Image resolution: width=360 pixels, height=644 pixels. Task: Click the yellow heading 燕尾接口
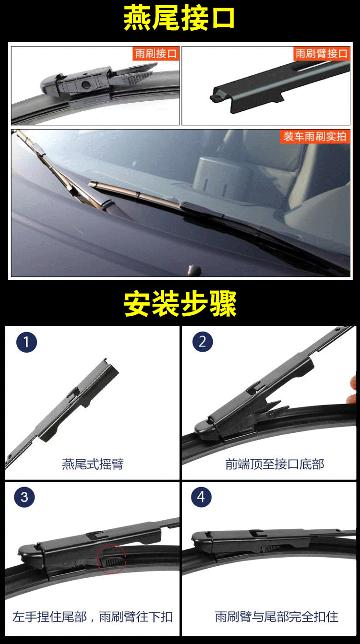coord(179,18)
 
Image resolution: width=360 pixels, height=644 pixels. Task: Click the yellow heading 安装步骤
coord(180,304)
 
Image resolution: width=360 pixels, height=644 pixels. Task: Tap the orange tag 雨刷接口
coord(156,53)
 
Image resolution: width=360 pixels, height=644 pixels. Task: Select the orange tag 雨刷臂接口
coord(322,53)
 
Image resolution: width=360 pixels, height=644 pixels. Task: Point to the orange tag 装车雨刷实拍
coord(315,136)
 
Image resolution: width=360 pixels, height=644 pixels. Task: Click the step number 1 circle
coord(26,342)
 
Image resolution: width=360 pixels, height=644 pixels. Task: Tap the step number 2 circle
coord(203,342)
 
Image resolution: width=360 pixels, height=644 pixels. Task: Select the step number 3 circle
coord(24,497)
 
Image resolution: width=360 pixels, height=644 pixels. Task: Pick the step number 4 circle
coord(201,497)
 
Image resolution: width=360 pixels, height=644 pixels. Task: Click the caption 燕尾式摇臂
coord(93,464)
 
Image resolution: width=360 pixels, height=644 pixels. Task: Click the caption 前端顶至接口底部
coord(275,464)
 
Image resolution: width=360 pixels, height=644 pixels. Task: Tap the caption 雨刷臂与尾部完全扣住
coord(276,617)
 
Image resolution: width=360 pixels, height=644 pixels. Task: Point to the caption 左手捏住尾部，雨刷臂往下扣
coord(92,617)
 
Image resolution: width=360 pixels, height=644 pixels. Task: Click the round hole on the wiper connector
coord(85,84)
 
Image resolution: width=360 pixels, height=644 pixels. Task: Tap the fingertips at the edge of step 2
coord(352,388)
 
